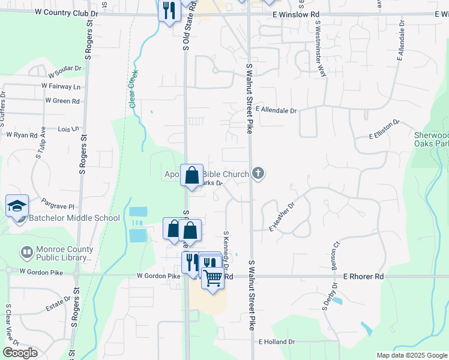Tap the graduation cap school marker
click(17, 206)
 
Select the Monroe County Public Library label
click(64, 254)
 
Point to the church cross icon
click(258, 174)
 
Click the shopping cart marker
click(213, 278)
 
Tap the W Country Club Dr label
click(66, 12)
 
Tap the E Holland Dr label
click(277, 341)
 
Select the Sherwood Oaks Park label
click(432, 139)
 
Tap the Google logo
click(20, 353)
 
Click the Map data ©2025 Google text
click(411, 355)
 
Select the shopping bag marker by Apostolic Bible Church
click(191, 176)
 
